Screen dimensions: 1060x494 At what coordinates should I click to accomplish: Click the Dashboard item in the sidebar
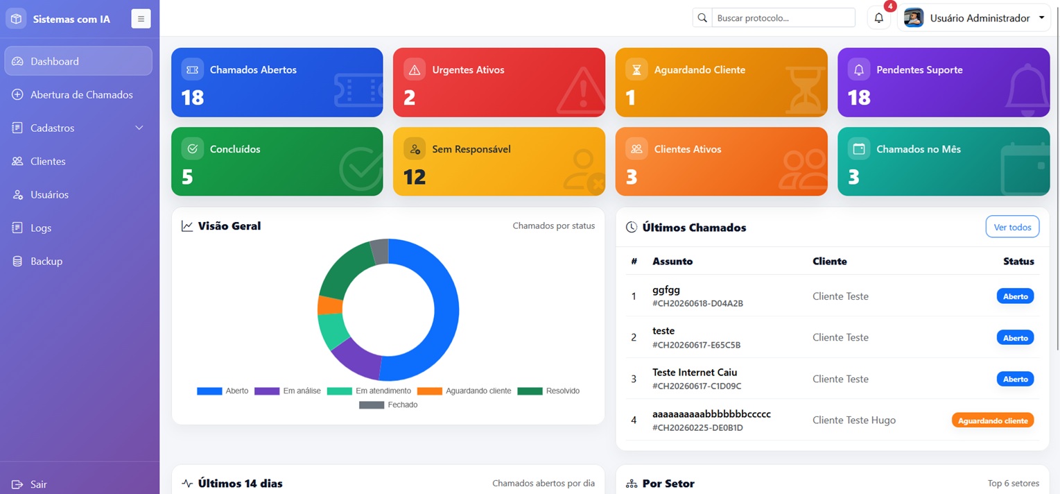(78, 61)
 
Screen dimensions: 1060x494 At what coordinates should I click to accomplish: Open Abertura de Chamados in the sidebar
(78, 95)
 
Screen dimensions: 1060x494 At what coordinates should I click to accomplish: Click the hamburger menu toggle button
(141, 19)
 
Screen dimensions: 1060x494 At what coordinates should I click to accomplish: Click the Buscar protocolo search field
(783, 18)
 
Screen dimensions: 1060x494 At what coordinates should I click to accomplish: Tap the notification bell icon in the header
(879, 18)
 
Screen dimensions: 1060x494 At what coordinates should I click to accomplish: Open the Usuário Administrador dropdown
(974, 18)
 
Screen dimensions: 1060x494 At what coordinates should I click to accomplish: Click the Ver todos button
(1012, 227)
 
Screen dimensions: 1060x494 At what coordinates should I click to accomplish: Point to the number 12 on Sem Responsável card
(415, 177)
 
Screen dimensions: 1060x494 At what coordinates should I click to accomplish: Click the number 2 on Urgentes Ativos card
(409, 98)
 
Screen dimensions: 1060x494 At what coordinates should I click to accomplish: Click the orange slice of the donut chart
(330, 305)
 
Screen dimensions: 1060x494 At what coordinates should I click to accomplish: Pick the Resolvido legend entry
(548, 391)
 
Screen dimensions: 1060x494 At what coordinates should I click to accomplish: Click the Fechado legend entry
(388, 405)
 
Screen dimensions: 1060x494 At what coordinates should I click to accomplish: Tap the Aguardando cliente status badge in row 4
(993, 420)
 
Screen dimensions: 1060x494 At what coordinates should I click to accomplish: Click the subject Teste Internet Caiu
(695, 373)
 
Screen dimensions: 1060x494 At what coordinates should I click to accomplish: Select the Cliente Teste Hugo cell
(853, 420)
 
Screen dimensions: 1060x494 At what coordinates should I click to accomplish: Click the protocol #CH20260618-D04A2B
(697, 304)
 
